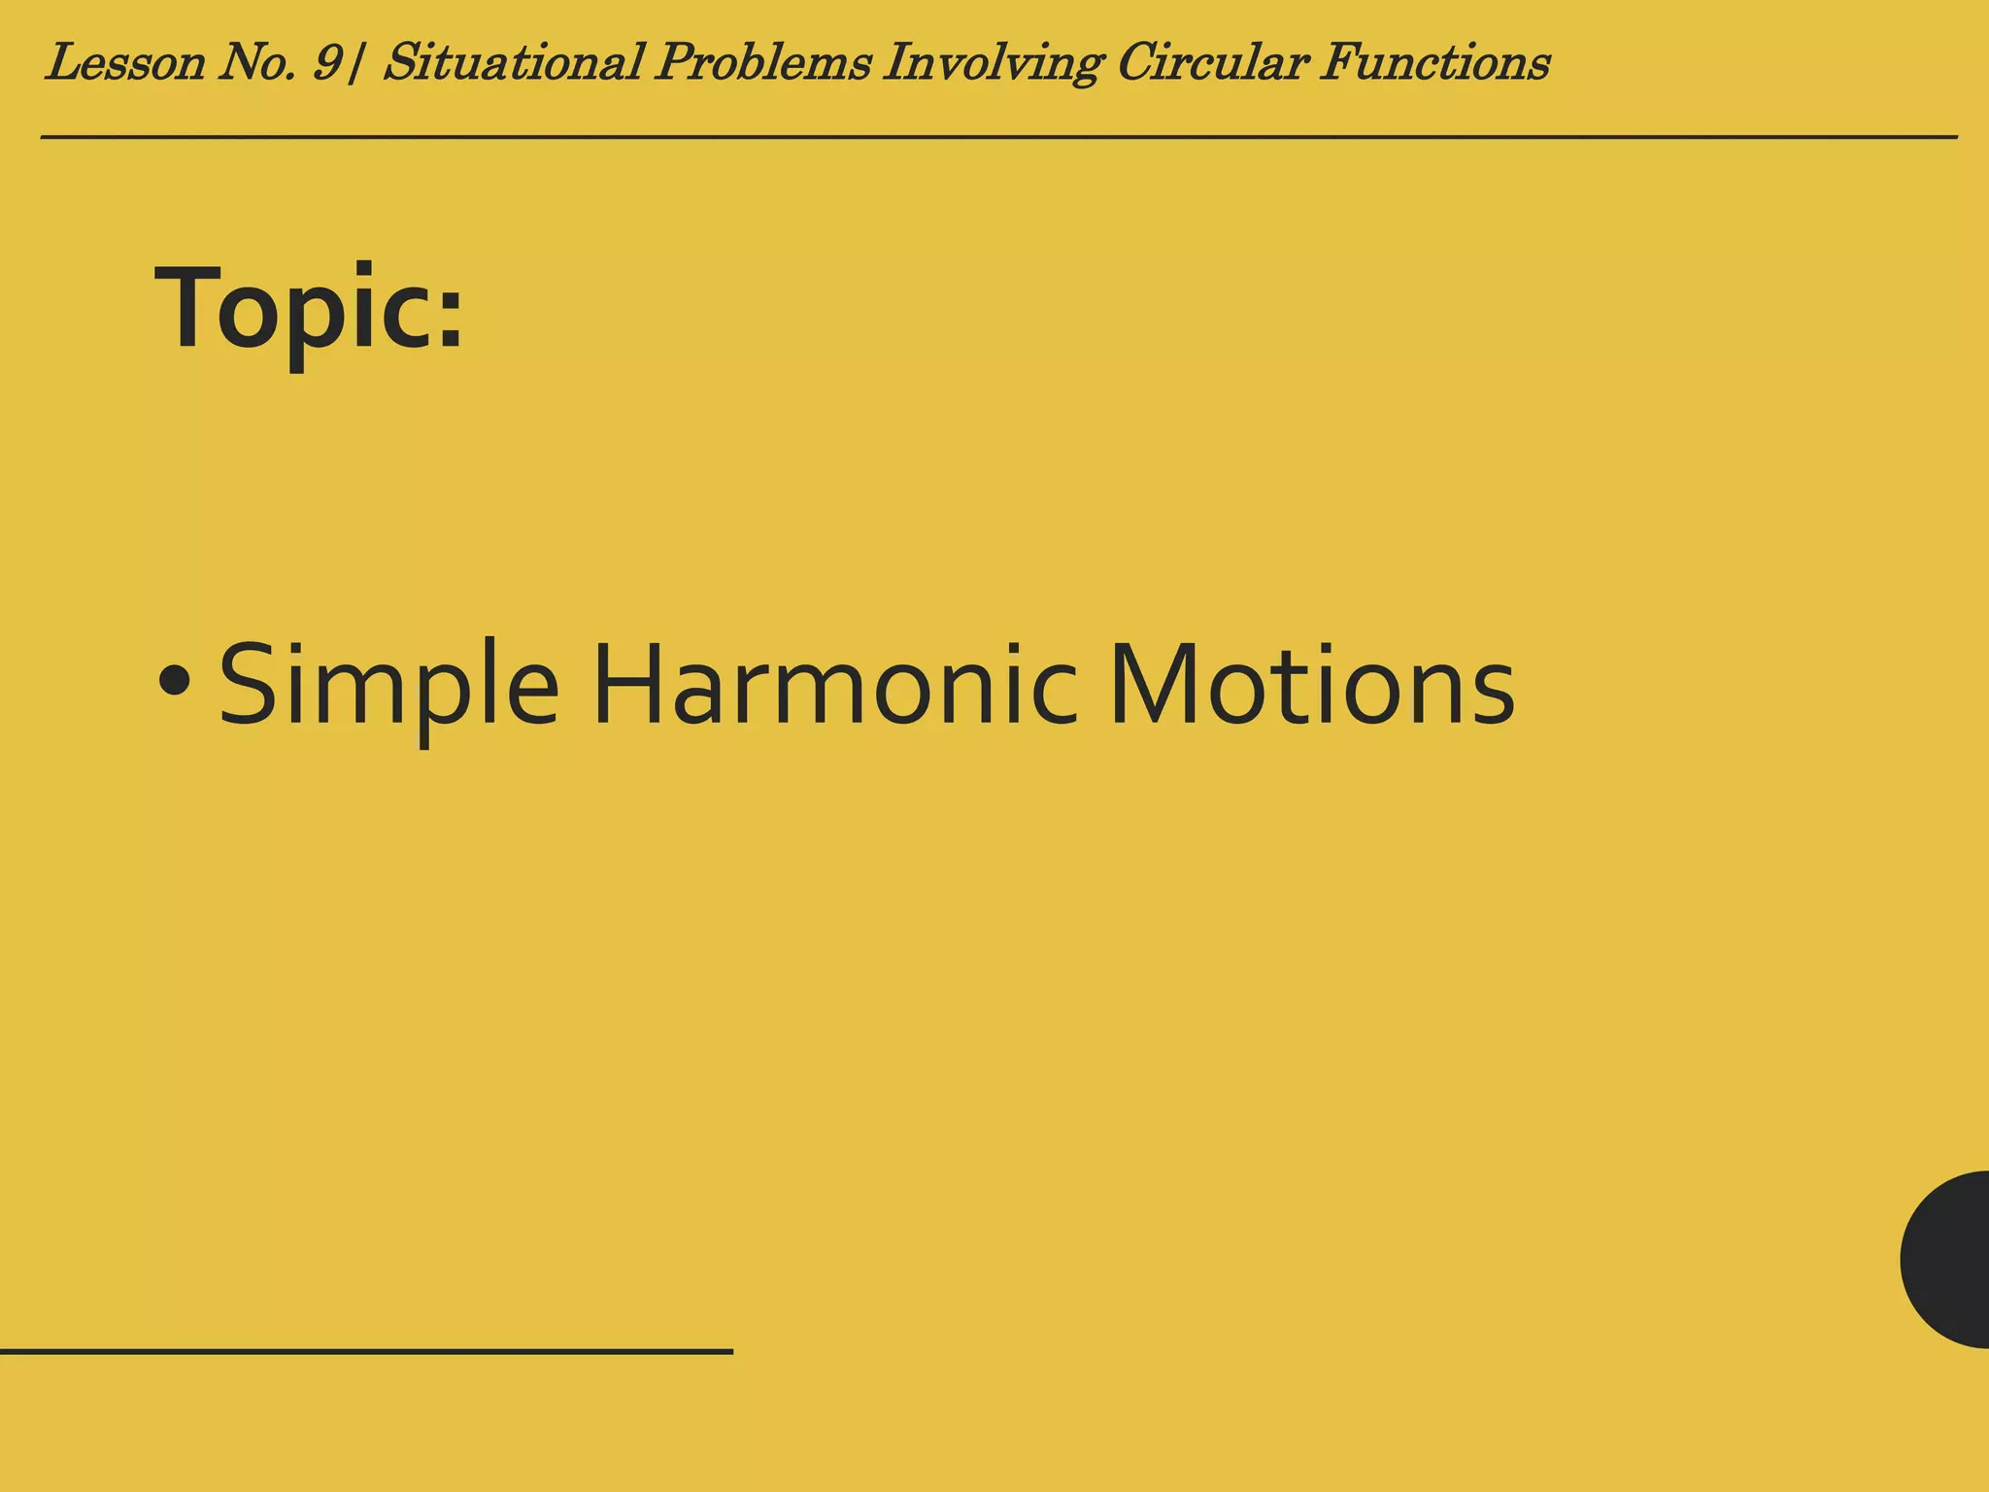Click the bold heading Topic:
click(309, 309)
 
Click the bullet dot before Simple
click(175, 680)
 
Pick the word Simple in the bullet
click(388, 685)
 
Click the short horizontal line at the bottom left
click(366, 1351)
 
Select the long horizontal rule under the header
click(998, 138)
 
